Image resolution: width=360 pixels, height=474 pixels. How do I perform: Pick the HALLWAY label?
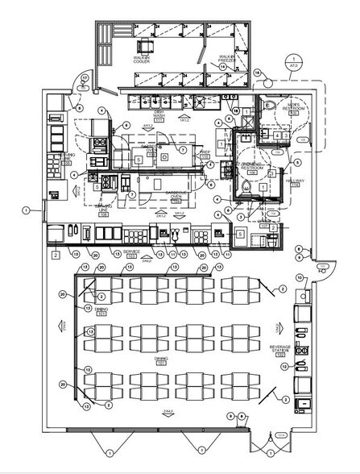[x=293, y=183]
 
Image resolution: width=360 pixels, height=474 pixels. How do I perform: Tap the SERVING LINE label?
[x=102, y=207]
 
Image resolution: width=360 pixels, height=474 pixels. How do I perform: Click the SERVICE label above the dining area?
[x=132, y=253]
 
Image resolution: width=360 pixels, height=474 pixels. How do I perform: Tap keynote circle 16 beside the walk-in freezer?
[x=257, y=72]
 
